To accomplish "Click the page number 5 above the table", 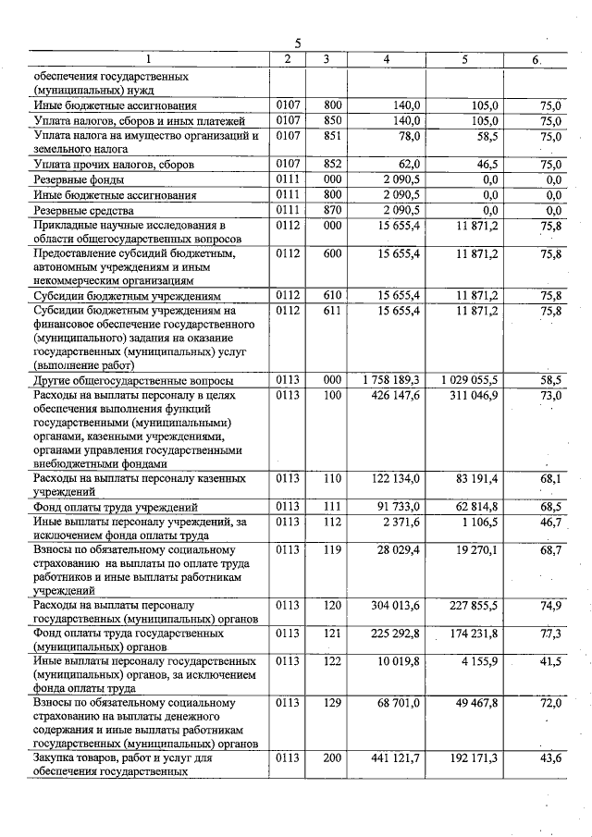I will pyautogui.click(x=298, y=43).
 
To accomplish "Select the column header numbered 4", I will pyautogui.click(x=386, y=59).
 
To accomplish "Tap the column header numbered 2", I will pyautogui.click(x=288, y=59).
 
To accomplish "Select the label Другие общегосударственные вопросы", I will pyautogui.click(x=133, y=380).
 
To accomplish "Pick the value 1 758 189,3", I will pyautogui.click(x=389, y=380).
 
